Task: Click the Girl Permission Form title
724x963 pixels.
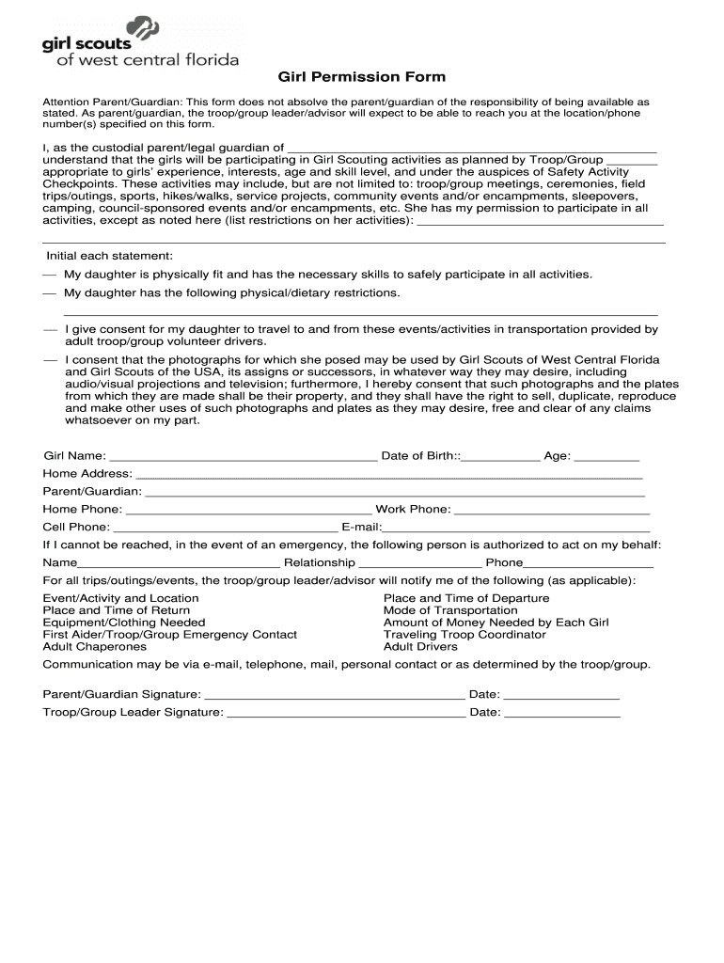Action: coord(361,77)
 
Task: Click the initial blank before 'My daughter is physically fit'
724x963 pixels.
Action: coord(49,276)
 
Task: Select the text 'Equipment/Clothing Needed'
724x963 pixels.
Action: coord(124,623)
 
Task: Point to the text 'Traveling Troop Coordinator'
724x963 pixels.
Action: coord(464,635)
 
